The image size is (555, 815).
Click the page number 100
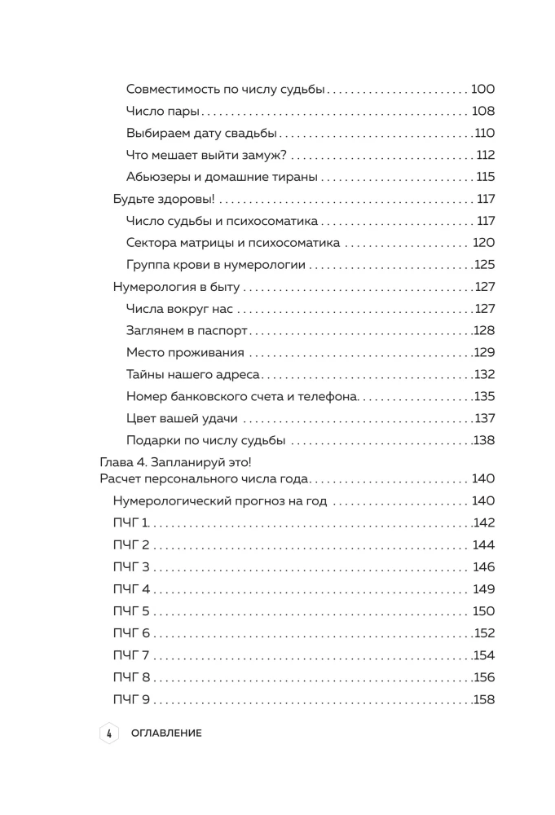(x=482, y=90)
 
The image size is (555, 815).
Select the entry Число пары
(x=163, y=112)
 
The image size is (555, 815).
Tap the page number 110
(x=485, y=134)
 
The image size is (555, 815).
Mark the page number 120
(x=483, y=243)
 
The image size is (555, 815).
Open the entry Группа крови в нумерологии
(x=216, y=265)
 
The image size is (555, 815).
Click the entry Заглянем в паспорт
(x=187, y=331)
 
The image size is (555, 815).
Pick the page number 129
(x=485, y=353)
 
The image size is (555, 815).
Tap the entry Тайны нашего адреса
(x=193, y=375)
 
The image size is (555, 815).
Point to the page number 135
(x=485, y=397)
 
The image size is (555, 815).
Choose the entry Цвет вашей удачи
(x=182, y=419)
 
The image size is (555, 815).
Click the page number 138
(x=485, y=441)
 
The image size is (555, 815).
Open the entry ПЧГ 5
(x=131, y=611)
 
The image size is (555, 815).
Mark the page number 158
(x=485, y=699)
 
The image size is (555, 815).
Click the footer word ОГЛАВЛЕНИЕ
(x=165, y=733)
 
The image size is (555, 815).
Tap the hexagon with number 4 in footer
(x=108, y=733)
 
